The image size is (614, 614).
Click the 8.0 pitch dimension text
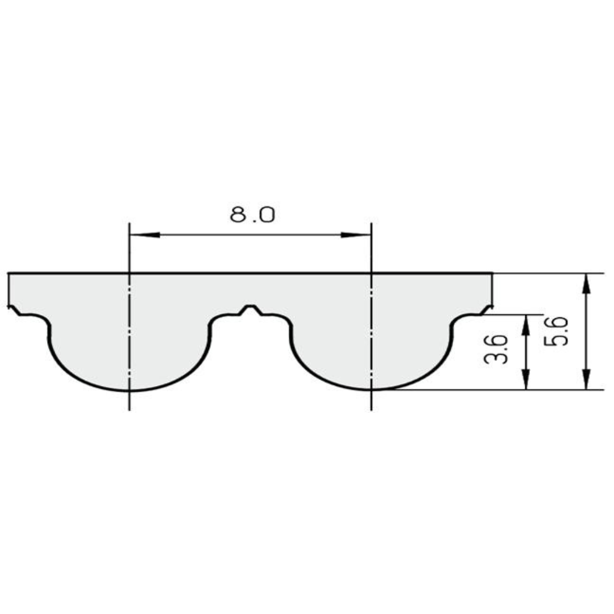(x=252, y=215)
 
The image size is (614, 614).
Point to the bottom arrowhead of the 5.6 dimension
(x=587, y=380)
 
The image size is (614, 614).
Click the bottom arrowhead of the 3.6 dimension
(x=526, y=380)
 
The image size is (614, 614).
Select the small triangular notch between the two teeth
(x=251, y=309)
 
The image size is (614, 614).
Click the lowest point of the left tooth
(x=130, y=391)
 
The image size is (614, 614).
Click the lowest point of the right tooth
(x=371, y=390)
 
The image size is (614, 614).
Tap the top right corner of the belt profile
(x=492, y=273)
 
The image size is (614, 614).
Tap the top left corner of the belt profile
(x=9, y=273)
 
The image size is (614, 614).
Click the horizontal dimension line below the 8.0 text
(x=250, y=235)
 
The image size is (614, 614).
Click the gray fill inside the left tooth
(x=130, y=352)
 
